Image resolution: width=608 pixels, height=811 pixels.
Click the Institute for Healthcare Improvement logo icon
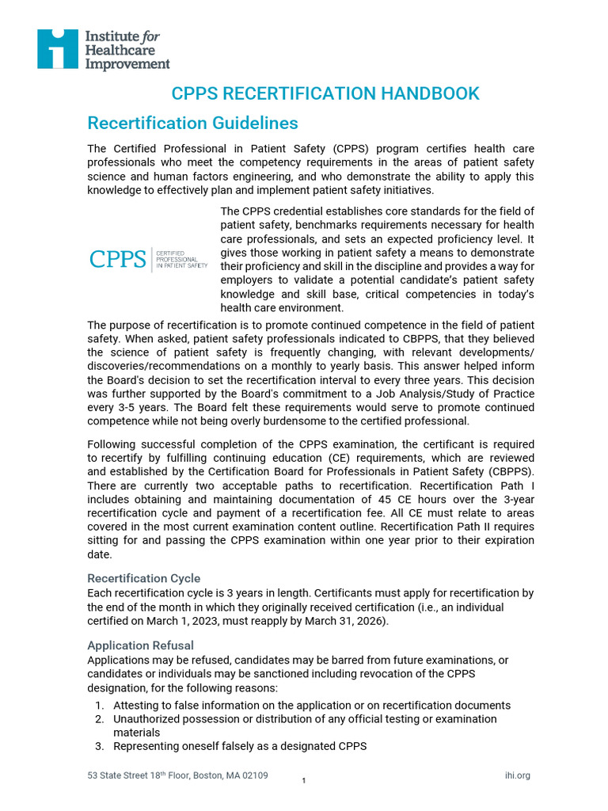57,49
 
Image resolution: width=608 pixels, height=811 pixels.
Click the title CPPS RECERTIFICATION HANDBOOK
325,93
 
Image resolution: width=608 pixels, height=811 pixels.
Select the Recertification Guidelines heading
192,124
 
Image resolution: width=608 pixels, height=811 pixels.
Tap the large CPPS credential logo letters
118,259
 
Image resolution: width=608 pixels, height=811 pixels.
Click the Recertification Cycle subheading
143,578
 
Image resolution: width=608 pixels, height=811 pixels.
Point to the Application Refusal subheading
140,645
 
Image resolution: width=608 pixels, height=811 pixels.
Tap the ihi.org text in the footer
517,775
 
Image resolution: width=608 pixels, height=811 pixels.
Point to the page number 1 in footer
304,782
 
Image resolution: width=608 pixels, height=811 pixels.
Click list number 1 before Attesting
99,705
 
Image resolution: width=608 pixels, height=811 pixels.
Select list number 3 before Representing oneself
99,746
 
